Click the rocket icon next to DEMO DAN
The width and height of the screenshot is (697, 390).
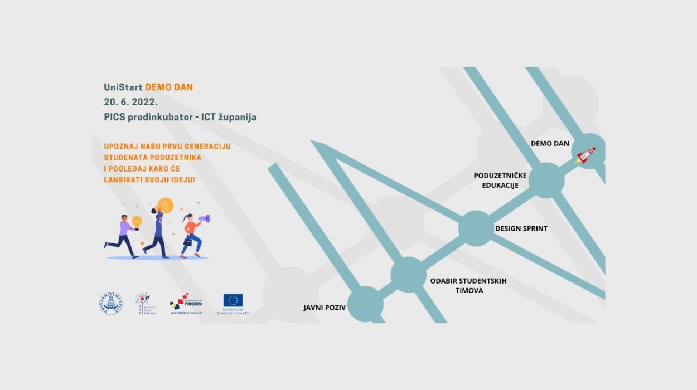point(585,155)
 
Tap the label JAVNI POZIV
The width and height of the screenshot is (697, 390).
point(325,308)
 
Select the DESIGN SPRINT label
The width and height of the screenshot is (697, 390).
point(521,228)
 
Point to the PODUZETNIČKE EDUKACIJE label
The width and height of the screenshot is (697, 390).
point(500,180)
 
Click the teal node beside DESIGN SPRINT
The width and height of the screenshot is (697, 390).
point(476,228)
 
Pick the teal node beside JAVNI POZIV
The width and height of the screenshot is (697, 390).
point(365,304)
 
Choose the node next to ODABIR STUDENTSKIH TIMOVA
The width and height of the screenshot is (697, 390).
point(408,275)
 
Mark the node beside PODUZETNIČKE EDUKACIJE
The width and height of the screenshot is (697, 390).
point(546,180)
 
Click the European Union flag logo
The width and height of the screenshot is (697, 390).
point(233,300)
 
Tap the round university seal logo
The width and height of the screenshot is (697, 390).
point(112,304)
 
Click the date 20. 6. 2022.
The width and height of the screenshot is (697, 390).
point(131,103)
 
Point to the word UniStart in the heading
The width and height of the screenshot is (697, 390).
point(123,87)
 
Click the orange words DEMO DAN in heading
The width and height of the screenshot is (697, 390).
point(169,87)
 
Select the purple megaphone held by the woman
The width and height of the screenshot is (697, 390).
point(204,219)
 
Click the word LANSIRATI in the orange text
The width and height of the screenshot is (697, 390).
point(122,180)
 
